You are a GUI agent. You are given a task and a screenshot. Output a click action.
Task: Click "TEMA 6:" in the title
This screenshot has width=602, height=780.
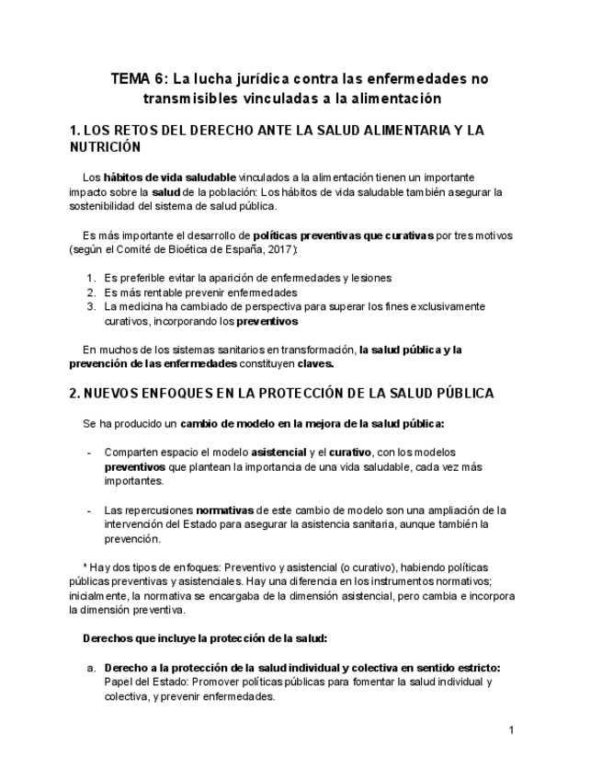click(138, 79)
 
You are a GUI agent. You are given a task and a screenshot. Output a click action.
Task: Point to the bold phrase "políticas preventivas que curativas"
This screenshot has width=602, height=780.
click(342, 235)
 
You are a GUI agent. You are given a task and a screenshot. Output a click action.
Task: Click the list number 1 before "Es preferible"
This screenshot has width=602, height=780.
click(90, 278)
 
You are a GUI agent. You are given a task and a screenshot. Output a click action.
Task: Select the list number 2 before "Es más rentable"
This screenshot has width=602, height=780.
click(90, 292)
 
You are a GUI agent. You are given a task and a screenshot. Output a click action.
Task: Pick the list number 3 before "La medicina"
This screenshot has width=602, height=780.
click(90, 307)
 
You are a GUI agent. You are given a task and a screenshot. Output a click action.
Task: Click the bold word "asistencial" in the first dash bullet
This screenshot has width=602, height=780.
click(279, 453)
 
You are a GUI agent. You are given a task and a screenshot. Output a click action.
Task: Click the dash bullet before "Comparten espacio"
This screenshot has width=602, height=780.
click(88, 453)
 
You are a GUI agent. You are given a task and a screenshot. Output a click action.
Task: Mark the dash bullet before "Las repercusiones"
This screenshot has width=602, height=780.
click(88, 510)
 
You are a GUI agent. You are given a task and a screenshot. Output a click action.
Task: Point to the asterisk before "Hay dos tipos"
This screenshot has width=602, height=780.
click(84, 568)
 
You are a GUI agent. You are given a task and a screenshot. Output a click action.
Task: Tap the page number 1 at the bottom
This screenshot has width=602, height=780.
click(511, 730)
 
